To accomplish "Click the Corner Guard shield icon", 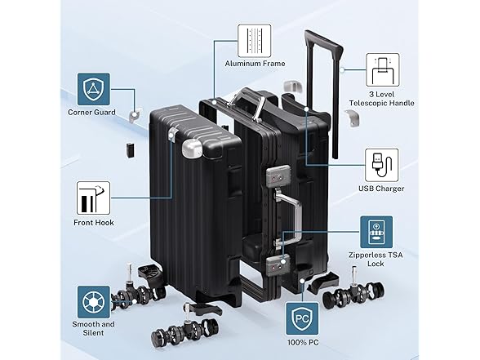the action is point(93,89).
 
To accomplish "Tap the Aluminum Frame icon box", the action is point(255,41).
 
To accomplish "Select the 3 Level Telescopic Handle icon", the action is point(383,70).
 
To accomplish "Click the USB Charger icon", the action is point(382,165).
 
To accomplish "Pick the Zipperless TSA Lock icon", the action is point(376,232).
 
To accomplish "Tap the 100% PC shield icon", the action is point(302,318).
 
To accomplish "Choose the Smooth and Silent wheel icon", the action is point(93,302).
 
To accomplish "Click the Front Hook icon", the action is point(93,198).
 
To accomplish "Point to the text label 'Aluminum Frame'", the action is point(255,64).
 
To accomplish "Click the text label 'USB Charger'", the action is point(381,189).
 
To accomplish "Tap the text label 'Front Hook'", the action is point(94,223).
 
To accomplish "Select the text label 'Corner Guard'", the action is point(91,113).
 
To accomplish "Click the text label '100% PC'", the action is point(303,342).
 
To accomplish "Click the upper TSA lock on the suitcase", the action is point(278,176).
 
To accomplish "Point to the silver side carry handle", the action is point(290,218).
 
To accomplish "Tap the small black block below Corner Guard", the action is point(130,149).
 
